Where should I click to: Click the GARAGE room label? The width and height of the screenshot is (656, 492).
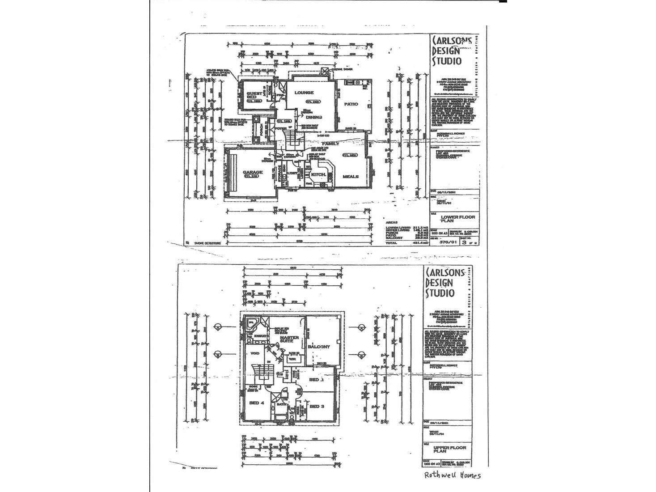[252, 172]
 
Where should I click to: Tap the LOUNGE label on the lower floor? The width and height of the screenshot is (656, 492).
[304, 93]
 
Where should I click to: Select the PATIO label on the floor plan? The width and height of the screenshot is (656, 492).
[351, 104]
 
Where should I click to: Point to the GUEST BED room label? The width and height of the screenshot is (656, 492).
[254, 96]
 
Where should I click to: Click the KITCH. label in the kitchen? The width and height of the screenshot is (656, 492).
[317, 174]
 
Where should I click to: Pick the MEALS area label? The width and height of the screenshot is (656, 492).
[351, 177]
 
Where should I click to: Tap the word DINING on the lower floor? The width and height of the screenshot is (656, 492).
[314, 117]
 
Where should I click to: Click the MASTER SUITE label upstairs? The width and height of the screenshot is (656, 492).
[289, 339]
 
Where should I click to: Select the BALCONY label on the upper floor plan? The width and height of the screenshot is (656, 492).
[319, 347]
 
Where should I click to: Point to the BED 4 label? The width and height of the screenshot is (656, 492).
[257, 403]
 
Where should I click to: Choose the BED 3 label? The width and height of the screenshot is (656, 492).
[317, 406]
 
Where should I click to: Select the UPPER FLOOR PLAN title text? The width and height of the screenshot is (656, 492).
[449, 450]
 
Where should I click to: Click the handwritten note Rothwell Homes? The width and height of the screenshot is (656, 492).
[452, 475]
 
